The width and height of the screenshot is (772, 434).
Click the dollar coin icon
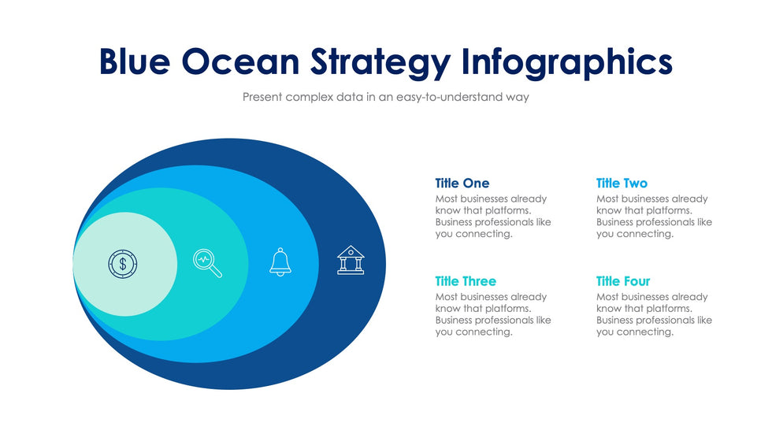point(123,264)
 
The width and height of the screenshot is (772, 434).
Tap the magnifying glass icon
point(207,263)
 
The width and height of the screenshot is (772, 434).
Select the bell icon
point(280,262)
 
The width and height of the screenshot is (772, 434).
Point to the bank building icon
point(351,260)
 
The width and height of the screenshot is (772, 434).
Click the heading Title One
point(462,183)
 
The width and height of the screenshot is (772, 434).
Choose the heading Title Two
point(622,183)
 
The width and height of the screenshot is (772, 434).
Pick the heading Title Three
point(466,281)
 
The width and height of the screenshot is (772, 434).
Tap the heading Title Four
point(623,281)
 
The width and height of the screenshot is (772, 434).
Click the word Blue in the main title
point(135,61)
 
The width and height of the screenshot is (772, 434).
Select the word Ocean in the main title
point(241,61)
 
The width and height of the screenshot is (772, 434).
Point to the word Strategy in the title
point(380,64)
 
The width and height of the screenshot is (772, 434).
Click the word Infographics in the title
point(567,64)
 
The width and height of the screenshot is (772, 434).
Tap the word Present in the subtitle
point(262,97)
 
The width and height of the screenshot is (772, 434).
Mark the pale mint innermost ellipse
point(125,264)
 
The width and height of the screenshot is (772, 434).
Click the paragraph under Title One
point(493,216)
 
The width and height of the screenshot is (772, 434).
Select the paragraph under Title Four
point(654,314)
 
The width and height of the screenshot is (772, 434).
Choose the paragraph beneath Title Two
point(654,216)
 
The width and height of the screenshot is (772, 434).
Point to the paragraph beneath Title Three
point(493,314)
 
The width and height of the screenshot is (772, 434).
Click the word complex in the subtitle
point(309,98)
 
